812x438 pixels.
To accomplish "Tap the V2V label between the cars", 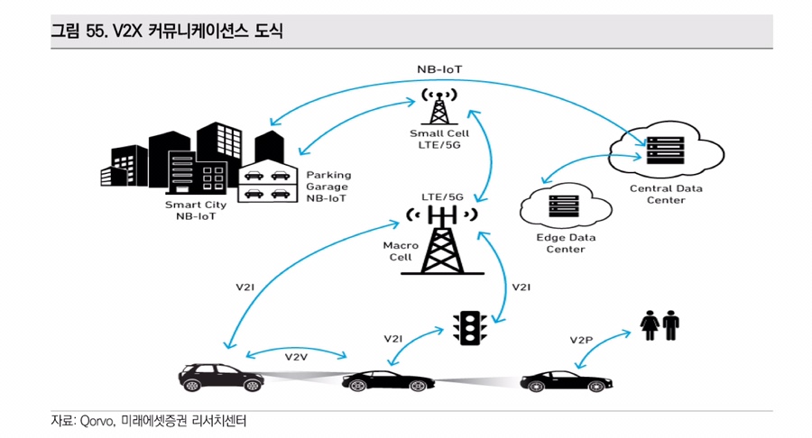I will [x=297, y=357].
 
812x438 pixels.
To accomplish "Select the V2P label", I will [x=581, y=340].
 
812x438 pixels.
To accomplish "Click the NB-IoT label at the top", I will [x=440, y=68].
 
